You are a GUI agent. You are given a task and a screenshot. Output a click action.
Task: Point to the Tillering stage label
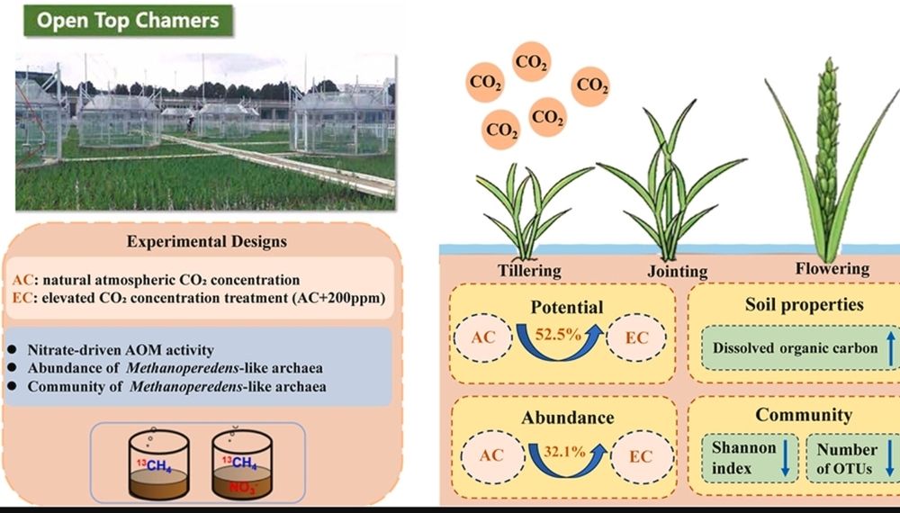pos(529,270)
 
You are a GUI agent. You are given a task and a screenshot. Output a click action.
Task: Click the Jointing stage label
pos(677,271)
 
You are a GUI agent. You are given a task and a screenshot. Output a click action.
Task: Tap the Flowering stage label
pos(832,268)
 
